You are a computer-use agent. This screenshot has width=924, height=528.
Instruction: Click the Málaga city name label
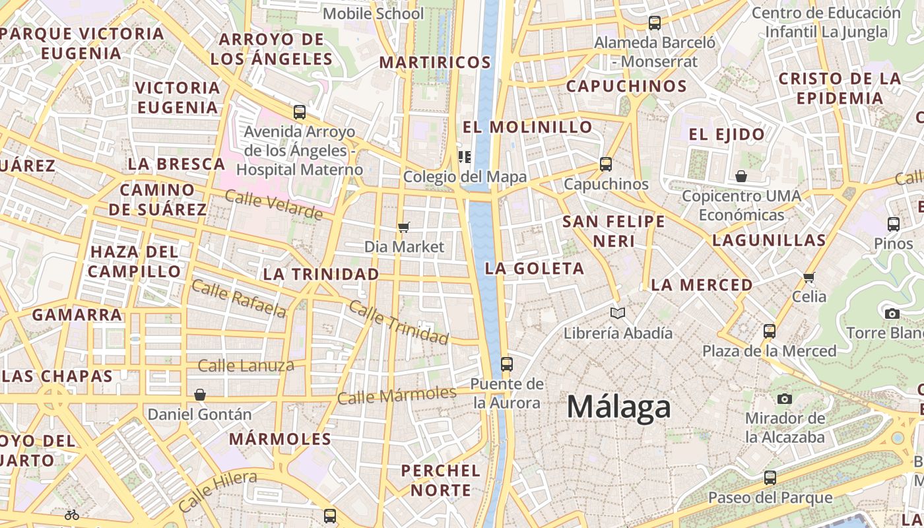pyautogui.click(x=618, y=407)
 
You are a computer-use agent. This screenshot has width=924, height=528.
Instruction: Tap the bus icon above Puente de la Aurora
pyautogui.click(x=506, y=364)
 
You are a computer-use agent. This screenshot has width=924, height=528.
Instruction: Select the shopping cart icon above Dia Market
pyautogui.click(x=403, y=227)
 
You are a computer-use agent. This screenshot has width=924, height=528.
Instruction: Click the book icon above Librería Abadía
pyautogui.click(x=617, y=313)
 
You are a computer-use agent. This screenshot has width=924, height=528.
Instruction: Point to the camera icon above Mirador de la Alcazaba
pyautogui.click(x=784, y=399)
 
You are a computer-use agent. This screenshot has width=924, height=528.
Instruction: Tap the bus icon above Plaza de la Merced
pyautogui.click(x=769, y=331)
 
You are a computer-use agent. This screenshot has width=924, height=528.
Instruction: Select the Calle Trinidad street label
pyautogui.click(x=398, y=322)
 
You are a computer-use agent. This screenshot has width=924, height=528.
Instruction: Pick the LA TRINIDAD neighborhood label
pyautogui.click(x=321, y=274)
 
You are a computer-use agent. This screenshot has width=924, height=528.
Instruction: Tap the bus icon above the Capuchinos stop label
pyautogui.click(x=605, y=164)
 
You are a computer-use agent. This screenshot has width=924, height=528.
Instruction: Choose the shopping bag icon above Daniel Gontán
pyautogui.click(x=199, y=395)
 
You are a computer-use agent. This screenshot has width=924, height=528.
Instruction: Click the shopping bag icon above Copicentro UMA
pyautogui.click(x=741, y=176)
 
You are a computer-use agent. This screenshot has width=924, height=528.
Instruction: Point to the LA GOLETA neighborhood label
pyautogui.click(x=535, y=269)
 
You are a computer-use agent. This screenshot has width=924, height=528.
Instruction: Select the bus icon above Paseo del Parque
pyautogui.click(x=770, y=477)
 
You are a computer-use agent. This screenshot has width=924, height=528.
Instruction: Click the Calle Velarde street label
pyautogui.click(x=273, y=205)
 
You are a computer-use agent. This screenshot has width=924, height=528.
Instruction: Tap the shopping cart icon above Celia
pyautogui.click(x=809, y=277)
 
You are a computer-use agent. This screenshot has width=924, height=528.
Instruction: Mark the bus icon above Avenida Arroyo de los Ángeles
pyautogui.click(x=299, y=112)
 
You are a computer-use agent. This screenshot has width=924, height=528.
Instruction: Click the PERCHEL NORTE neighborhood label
pyautogui.click(x=441, y=480)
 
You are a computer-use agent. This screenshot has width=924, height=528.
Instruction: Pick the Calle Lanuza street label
pyautogui.click(x=246, y=365)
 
